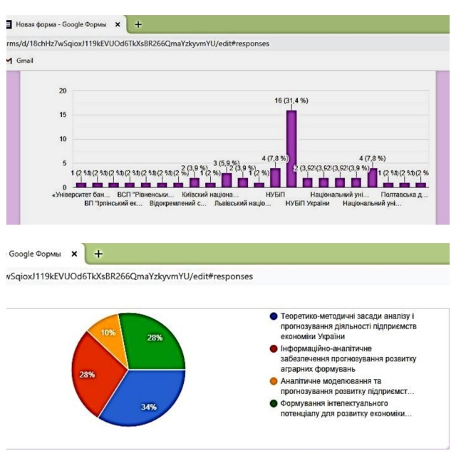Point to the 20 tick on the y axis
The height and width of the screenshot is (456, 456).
(x=63, y=91)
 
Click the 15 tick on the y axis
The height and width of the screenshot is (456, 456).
(x=63, y=115)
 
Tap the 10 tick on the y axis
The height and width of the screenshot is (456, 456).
(x=63, y=139)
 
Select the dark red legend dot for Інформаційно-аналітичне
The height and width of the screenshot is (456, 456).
(x=273, y=349)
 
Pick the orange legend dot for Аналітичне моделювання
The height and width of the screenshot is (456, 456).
(x=273, y=381)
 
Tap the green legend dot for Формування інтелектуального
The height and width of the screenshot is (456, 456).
(x=273, y=403)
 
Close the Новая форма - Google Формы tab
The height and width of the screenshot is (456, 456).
(x=118, y=24)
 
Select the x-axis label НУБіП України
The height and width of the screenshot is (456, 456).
(x=307, y=203)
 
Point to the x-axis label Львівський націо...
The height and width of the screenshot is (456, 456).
(x=243, y=203)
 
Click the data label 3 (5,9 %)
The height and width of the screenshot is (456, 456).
(x=227, y=162)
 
